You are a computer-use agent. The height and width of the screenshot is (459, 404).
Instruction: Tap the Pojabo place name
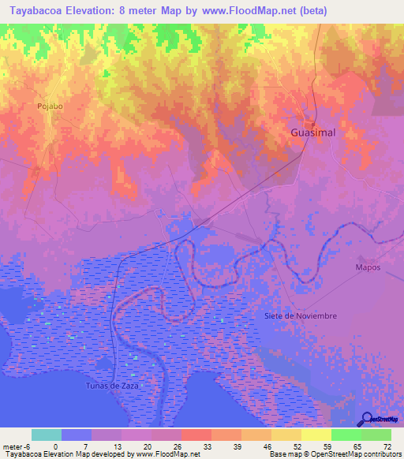tap(49, 105)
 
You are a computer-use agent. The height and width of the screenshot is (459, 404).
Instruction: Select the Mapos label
tap(368, 267)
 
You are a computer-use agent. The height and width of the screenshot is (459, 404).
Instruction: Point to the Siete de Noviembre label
tap(301, 315)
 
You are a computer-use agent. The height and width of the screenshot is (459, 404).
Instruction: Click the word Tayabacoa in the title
tap(43, 11)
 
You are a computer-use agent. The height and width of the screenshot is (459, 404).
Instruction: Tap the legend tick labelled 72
tap(387, 446)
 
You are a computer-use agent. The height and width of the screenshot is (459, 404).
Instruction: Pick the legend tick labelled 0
tap(56, 446)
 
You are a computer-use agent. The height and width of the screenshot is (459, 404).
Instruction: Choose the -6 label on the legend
tap(27, 446)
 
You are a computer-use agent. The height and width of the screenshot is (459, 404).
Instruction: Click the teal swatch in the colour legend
tap(47, 435)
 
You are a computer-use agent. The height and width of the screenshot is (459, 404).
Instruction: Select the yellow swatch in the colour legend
tap(316, 435)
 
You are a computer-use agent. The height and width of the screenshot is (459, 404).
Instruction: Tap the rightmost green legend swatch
tap(376, 435)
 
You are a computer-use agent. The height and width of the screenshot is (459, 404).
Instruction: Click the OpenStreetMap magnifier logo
tap(368, 419)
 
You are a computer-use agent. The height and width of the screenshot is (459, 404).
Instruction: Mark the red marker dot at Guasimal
tap(312, 125)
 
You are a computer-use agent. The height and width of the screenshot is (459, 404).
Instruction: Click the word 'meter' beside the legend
tap(12, 446)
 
